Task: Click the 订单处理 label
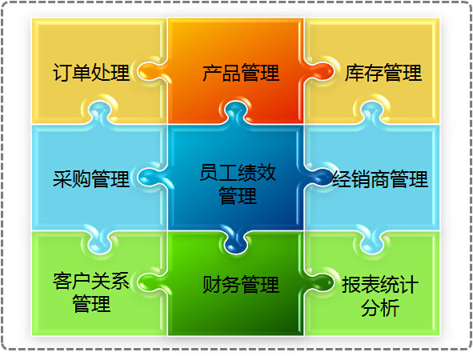pos(91,73)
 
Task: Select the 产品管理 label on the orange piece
pos(241,73)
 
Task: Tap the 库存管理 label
pos(383,73)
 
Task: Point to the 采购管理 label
pos(91,178)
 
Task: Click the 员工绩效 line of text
pos(238,172)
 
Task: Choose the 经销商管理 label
pos(380,178)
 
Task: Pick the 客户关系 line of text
pos(91,281)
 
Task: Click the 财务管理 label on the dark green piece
pos(241,284)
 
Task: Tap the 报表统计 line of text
pos(380,284)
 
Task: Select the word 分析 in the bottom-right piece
pos(380,308)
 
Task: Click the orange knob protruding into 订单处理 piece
pos(150,72)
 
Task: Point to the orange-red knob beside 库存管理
pos(319,72)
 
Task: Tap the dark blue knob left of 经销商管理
pos(319,178)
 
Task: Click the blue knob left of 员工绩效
pos(150,178)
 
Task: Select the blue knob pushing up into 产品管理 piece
pos(236,113)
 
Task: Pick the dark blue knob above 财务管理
pos(236,242)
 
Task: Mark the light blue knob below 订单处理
pos(100,113)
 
